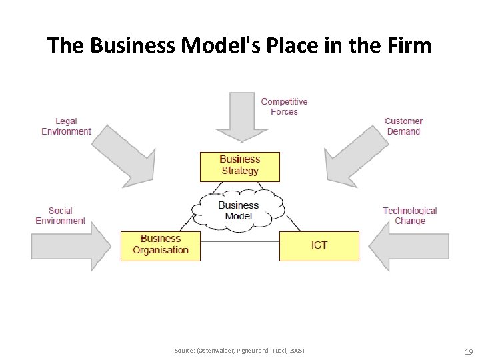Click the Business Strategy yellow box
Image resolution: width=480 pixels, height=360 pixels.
(x=239, y=167)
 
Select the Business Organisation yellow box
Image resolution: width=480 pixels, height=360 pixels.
(x=160, y=245)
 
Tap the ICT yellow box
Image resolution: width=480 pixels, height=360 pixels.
(x=319, y=245)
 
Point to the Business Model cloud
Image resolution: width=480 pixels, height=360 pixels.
(x=238, y=211)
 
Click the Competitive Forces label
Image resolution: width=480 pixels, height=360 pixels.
(x=284, y=107)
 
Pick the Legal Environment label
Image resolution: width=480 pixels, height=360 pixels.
(x=66, y=127)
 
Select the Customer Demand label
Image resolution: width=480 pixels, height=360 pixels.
(x=403, y=127)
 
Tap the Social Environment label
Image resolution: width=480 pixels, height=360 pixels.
(x=60, y=216)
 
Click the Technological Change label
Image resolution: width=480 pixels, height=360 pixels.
(x=409, y=216)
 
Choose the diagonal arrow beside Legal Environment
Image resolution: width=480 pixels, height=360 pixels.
(x=127, y=157)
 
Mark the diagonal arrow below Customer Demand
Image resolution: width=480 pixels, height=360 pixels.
(x=353, y=157)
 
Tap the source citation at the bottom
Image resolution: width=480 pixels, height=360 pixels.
(x=239, y=351)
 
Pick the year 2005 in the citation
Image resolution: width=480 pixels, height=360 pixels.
(x=295, y=351)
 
